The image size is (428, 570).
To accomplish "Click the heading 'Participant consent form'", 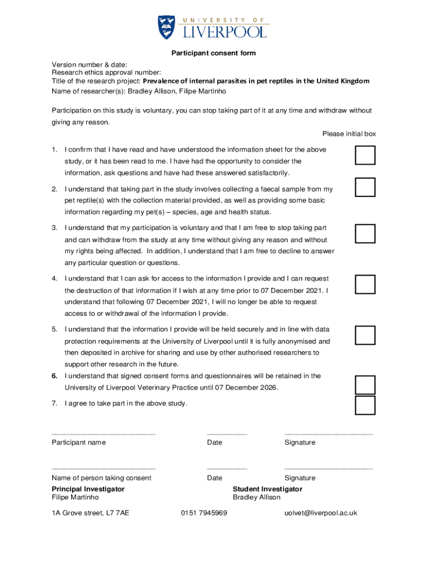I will [213, 53].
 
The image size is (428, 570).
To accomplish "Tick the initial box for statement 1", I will [365, 155].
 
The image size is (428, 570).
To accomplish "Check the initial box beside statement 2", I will [365, 188].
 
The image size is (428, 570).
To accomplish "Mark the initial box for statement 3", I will [365, 234].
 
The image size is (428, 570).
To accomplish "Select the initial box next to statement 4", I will [365, 284].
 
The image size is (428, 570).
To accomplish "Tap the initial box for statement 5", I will [365, 335].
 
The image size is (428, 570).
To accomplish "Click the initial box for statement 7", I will [365, 405].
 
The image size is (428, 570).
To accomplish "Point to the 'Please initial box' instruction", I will [349, 134].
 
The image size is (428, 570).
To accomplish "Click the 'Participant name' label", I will [78, 443].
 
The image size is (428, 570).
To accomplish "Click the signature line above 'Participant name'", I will [103, 434].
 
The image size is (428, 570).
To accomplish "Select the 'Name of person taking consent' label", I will [101, 478].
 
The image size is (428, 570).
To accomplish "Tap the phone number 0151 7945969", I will [204, 513].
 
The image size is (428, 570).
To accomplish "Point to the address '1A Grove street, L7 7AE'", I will [90, 513].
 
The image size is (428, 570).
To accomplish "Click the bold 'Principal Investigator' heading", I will [88, 489].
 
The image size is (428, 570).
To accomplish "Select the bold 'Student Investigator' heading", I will [267, 489].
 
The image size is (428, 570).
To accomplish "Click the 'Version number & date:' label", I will [89, 65].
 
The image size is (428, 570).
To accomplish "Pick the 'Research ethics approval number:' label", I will [107, 72].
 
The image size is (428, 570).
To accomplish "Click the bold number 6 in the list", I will [55, 376].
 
